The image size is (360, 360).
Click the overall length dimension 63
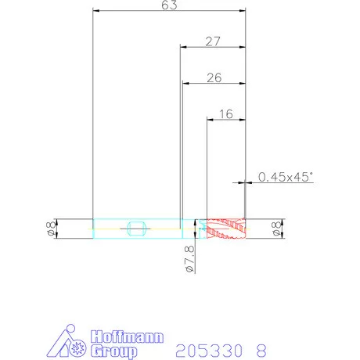tap(169, 5)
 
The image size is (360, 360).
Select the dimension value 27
tap(213, 41)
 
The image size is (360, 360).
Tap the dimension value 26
tap(214, 77)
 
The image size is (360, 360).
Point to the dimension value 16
tap(226, 114)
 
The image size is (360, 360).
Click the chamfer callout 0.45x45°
tap(286, 177)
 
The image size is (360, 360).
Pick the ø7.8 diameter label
tap(190, 259)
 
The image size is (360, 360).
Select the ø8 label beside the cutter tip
tap(276, 229)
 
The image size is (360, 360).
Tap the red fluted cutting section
tap(226, 229)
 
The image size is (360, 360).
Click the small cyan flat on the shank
tap(136, 229)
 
